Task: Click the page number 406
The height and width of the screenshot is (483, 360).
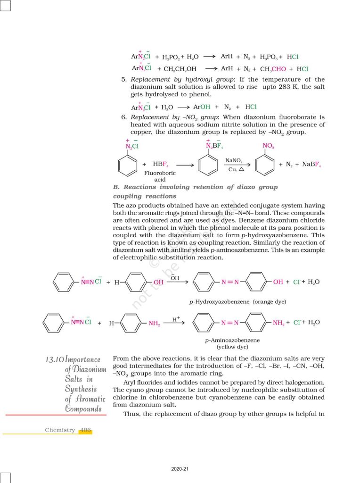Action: [85, 430]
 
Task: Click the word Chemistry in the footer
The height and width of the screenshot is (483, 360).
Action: [60, 430]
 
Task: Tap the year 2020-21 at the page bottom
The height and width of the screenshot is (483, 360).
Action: [180, 469]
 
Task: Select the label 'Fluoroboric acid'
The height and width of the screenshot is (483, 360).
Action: [160, 176]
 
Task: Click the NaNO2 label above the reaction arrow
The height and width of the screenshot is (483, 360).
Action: [234, 161]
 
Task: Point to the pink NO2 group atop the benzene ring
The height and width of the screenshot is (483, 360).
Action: [268, 147]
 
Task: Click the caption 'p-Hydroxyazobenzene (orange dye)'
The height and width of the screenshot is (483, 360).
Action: [237, 301]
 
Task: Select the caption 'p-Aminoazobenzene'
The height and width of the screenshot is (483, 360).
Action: [232, 340]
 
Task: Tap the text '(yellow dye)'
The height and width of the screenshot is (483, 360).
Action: [232, 347]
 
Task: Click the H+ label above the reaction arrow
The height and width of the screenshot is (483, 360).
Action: [176, 319]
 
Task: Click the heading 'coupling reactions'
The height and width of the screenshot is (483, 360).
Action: [145, 196]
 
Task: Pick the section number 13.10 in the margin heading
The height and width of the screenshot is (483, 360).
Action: [53, 360]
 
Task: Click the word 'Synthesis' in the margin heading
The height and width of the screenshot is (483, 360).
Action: [81, 389]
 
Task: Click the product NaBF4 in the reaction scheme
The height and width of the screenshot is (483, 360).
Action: [311, 165]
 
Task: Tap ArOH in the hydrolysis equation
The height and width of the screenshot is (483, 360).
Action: [202, 107]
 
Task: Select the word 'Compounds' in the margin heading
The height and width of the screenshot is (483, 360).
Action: [83, 408]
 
